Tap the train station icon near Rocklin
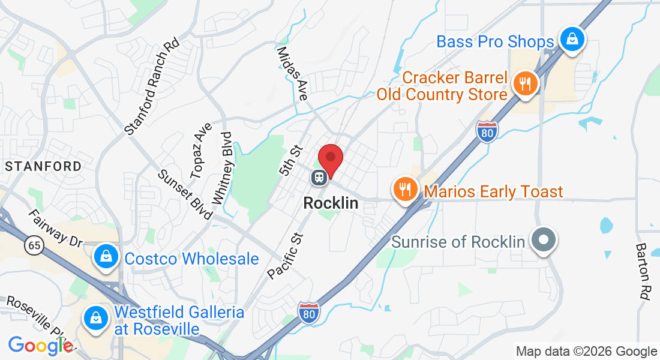click(318, 177)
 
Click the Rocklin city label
click(331, 203)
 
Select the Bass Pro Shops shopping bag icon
click(572, 40)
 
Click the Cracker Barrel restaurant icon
click(526, 83)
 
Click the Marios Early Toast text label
click(493, 192)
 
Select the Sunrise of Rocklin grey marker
click(544, 240)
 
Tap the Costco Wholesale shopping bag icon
click(106, 257)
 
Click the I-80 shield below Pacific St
click(308, 313)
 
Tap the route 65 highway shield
click(34, 245)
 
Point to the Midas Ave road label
click(293, 73)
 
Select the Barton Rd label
click(642, 271)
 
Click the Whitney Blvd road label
click(221, 167)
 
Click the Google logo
click(40, 345)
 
